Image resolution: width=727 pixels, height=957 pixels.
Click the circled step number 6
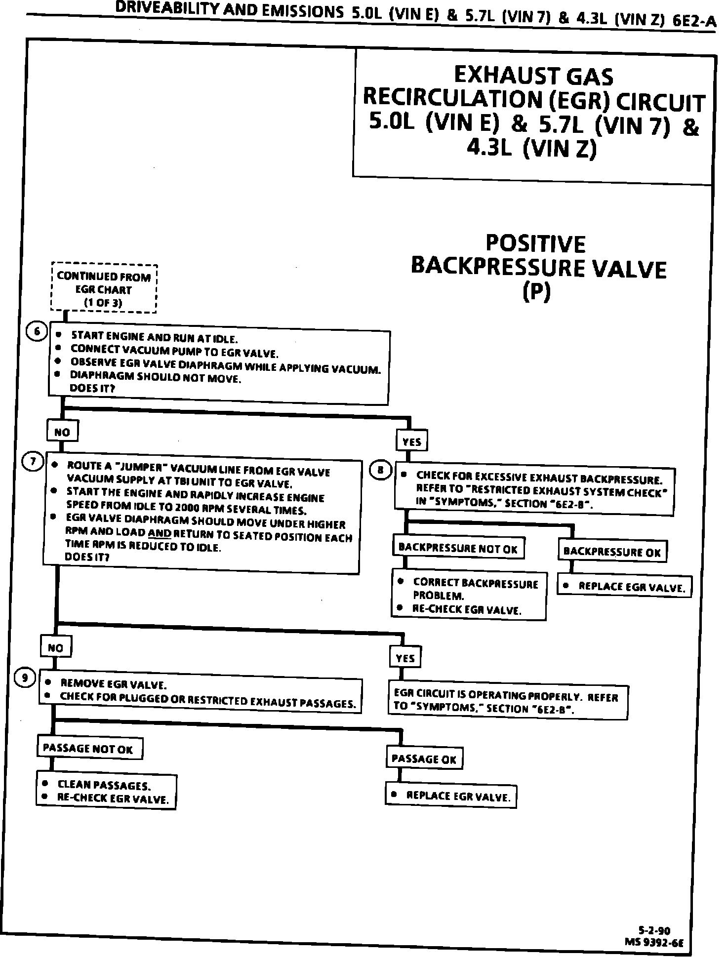(37, 332)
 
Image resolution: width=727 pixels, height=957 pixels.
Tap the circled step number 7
(33, 462)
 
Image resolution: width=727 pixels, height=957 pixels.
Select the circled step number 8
(381, 470)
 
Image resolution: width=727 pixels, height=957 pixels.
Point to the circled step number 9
(25, 678)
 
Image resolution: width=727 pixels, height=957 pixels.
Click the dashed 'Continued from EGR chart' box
(104, 289)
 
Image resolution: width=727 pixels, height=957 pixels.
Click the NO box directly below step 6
(62, 432)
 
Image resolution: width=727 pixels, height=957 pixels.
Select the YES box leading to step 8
(412, 441)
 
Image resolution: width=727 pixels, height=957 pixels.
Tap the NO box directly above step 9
(56, 647)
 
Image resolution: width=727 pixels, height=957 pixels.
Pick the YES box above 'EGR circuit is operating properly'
(405, 658)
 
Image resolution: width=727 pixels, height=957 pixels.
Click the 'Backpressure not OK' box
(458, 549)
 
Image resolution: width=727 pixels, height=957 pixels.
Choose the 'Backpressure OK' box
(612, 552)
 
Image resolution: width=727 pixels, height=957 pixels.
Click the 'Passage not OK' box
(89, 748)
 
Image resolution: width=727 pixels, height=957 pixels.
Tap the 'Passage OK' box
(424, 759)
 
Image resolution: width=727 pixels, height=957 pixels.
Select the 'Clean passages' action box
(106, 791)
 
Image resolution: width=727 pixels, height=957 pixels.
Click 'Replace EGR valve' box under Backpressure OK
(624, 587)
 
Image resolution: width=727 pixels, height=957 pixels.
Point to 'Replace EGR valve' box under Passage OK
(450, 796)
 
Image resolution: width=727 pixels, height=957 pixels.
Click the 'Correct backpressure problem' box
(469, 596)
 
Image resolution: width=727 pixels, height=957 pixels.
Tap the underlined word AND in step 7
(159, 533)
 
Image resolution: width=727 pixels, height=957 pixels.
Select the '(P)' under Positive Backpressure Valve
(536, 292)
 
